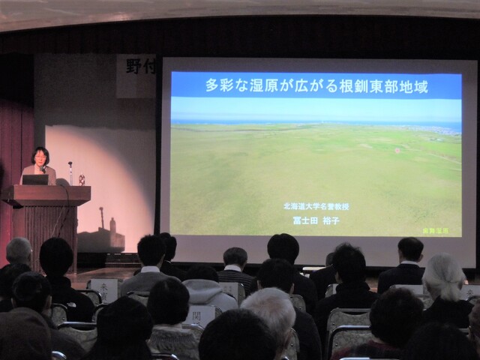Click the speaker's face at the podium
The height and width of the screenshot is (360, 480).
[x=40, y=157]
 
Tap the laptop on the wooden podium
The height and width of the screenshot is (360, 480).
[x=34, y=179]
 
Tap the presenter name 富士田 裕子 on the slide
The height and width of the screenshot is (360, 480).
[x=316, y=220]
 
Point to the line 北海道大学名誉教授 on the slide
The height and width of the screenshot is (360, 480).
[x=316, y=206]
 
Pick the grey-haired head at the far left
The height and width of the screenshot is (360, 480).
[x=19, y=251]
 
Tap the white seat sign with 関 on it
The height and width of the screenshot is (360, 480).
[x=201, y=316]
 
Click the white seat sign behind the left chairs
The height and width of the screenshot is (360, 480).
[x=103, y=289]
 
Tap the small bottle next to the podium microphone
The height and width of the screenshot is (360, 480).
[x=81, y=180]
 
